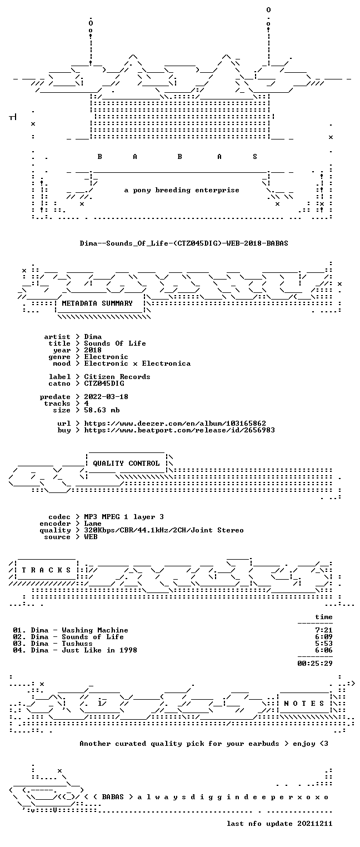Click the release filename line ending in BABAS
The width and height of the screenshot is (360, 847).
pyautogui.click(x=184, y=243)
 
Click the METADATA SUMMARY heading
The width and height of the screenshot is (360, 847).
pyautogui.click(x=97, y=303)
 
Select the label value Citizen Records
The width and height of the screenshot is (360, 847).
pyautogui.click(x=117, y=377)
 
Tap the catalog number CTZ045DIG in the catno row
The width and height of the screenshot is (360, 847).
pyautogui.click(x=104, y=383)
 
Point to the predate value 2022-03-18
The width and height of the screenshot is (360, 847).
pyautogui.click(x=106, y=397)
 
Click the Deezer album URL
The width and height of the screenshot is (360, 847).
pyautogui.click(x=175, y=423)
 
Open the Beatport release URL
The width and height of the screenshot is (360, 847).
pyautogui.click(x=179, y=430)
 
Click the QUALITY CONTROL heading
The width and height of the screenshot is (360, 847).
pyautogui.click(x=126, y=464)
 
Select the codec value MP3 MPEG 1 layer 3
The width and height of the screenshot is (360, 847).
pyautogui.click(x=124, y=517)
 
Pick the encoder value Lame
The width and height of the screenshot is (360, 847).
pyautogui.click(x=93, y=524)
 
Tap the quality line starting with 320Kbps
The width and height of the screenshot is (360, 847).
pyautogui.click(x=164, y=530)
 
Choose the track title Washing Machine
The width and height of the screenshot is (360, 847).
pyautogui.click(x=95, y=630)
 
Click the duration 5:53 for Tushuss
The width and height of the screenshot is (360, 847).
pyautogui.click(x=324, y=644)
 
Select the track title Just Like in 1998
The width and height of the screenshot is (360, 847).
pyautogui.click(x=99, y=650)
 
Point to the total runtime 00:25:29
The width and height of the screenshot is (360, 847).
pyautogui.click(x=315, y=664)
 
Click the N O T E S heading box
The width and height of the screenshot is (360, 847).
pyautogui.click(x=304, y=703)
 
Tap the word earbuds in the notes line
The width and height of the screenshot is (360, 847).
pyautogui.click(x=263, y=744)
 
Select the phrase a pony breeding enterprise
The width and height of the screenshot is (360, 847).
pyautogui.click(x=182, y=190)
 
